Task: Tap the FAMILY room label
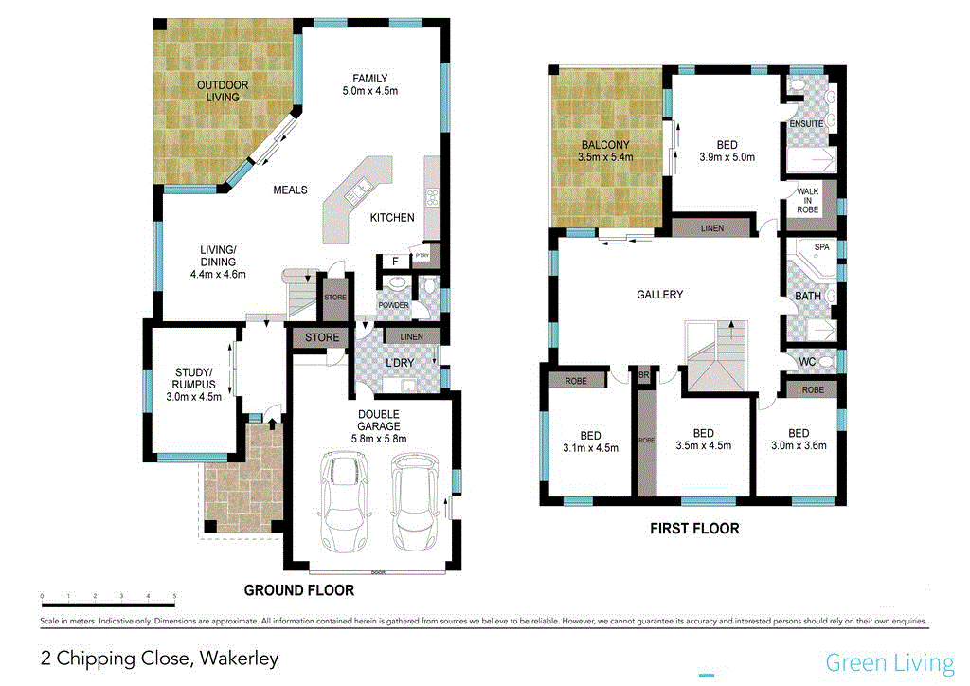[370, 78]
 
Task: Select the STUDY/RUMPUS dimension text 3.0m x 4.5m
[194, 397]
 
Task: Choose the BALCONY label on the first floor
[606, 145]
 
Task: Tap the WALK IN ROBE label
[808, 200]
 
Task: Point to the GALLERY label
[660, 295]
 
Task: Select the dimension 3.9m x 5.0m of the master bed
[727, 157]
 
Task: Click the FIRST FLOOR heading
[694, 529]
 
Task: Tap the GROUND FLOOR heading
[299, 590]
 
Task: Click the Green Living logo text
[889, 662]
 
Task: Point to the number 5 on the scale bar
[175, 598]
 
